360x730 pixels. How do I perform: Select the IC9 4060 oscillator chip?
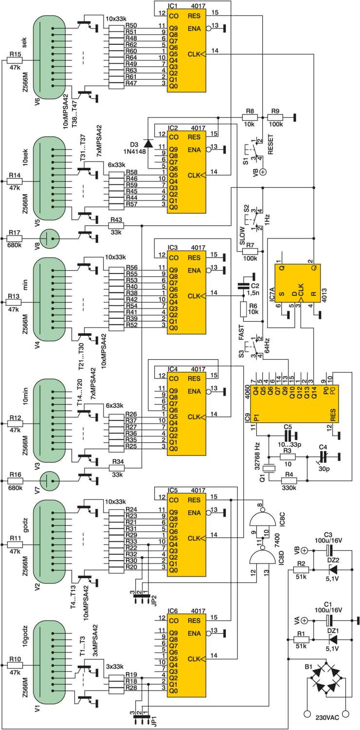[x=294, y=404]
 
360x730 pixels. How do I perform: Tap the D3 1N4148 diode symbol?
[x=148, y=143]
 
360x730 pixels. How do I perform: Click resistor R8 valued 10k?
[x=250, y=117]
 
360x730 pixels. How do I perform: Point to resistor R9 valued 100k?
[x=275, y=117]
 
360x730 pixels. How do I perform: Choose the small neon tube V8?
[x=50, y=238]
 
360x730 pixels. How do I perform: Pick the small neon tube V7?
[x=50, y=480]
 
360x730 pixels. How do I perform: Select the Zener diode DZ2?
[x=333, y=570]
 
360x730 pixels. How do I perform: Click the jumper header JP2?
[x=142, y=599]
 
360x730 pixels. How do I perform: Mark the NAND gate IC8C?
[x=263, y=518]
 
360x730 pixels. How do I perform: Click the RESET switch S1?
[x=255, y=150]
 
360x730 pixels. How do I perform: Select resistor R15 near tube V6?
[x=15, y=60]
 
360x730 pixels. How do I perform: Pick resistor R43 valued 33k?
[x=116, y=225]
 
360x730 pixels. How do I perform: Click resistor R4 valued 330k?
[x=288, y=480]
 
